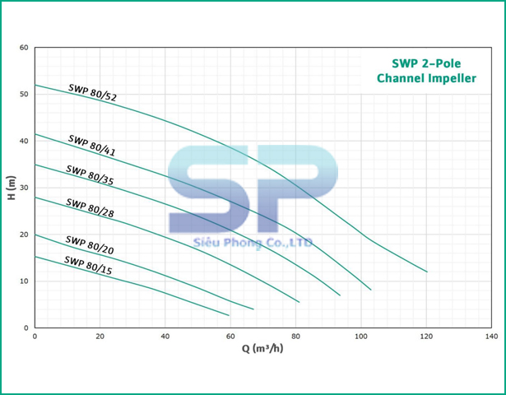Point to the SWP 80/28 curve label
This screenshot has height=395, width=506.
(90, 207)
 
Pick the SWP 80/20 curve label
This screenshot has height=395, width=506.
(90, 245)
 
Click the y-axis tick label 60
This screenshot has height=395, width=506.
(23, 48)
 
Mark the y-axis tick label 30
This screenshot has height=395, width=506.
(23, 188)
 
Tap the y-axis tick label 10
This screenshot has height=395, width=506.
(23, 281)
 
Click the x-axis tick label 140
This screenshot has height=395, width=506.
(492, 337)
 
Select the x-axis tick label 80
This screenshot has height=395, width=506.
(295, 337)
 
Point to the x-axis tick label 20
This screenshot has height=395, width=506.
(100, 337)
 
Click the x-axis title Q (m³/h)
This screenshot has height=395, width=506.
(263, 348)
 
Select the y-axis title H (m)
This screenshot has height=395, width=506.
(10, 188)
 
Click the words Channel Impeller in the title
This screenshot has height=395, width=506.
(425, 79)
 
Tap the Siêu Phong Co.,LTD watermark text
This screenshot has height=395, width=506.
(251, 243)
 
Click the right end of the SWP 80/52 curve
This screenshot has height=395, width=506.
(427, 272)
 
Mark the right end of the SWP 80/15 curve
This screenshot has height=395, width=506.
(229, 315)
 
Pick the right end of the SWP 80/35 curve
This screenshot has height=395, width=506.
(340, 295)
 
